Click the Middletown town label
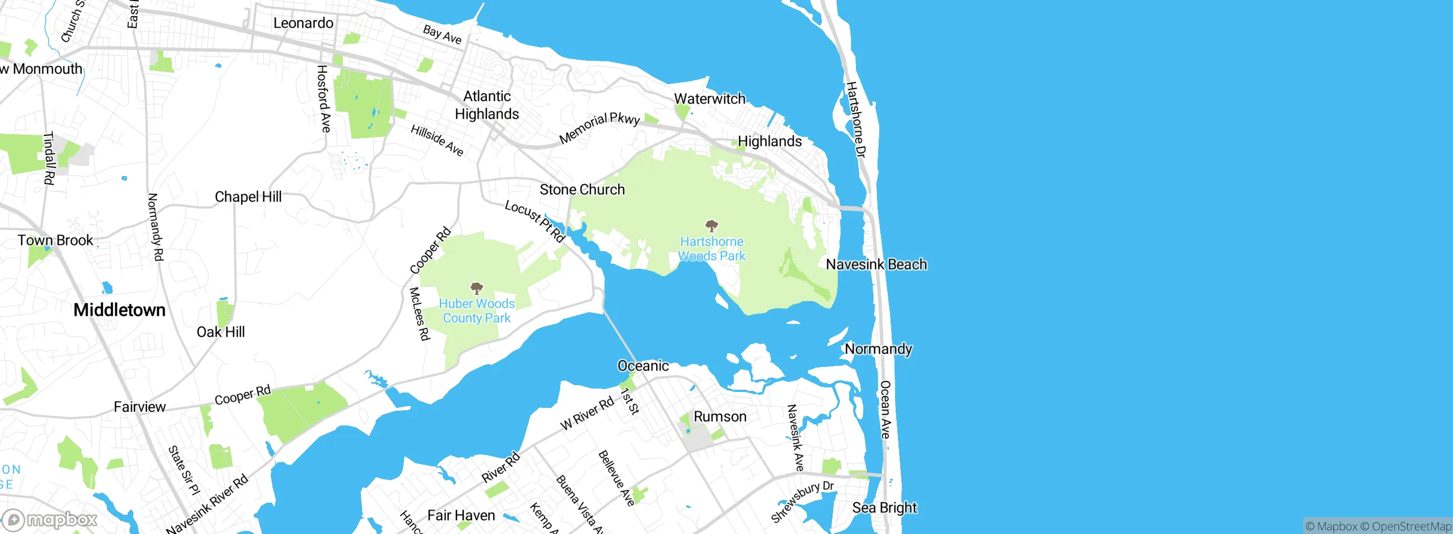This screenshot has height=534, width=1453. pos(120,310)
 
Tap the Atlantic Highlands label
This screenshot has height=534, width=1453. pos(487,105)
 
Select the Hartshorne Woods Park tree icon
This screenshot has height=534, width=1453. pos(711,226)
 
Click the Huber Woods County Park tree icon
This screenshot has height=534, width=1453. pos(477,288)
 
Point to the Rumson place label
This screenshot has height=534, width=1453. pos(720,416)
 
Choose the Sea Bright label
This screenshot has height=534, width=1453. pos(884,507)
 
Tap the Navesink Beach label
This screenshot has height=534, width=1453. pos(876,264)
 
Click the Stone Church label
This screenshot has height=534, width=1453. pos(582,190)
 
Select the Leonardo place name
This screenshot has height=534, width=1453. pos(303,23)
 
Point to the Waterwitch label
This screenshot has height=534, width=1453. pos(709,99)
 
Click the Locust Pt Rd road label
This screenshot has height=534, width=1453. pos(535,221)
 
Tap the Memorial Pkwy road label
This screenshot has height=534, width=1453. pos(599,128)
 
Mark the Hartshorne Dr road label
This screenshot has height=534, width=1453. pos(856,119)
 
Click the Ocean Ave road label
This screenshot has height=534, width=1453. pos(885,409)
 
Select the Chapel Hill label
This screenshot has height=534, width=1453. pos(248,197)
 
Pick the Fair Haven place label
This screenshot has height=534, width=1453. pos(461,515)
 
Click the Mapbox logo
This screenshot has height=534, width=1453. pos(50,519)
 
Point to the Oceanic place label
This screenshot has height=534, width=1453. pos(643,366)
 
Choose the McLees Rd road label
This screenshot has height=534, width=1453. pos(419,314)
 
